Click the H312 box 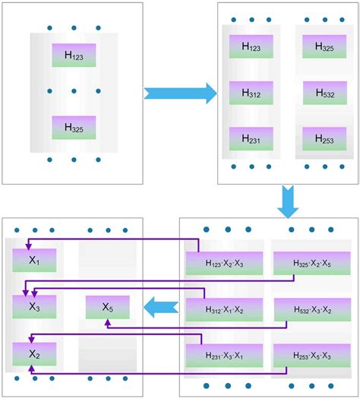point(251,93)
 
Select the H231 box point(251,138)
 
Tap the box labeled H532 point(324,93)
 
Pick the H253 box point(324,138)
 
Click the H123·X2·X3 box point(224,263)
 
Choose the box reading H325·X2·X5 point(311,263)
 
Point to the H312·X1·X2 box point(224,309)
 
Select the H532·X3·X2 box point(311,309)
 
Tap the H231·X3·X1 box point(224,355)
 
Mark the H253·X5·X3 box point(311,355)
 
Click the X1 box point(34,260)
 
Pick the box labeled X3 point(34,307)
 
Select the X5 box point(107,307)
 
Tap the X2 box point(34,354)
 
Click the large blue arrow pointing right point(180,93)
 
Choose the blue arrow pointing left point(161,308)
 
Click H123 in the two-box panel point(74,55)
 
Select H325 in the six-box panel point(324,46)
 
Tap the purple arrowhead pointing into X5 point(107,322)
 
